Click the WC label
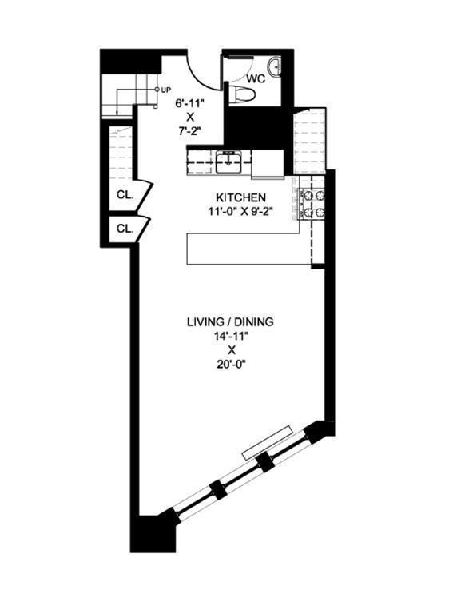click(256, 79)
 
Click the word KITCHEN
click(240, 197)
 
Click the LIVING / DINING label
click(230, 321)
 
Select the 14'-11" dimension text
click(230, 336)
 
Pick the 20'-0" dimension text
click(230, 365)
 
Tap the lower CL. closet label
click(125, 228)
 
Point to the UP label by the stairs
click(167, 89)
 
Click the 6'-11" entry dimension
click(185, 102)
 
